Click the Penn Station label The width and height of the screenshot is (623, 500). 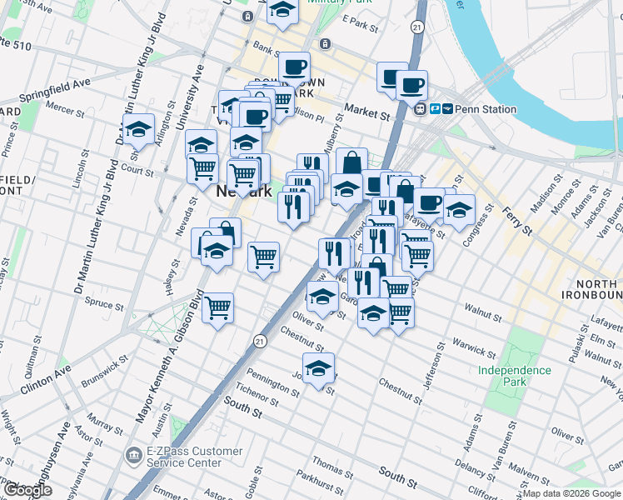(486, 109)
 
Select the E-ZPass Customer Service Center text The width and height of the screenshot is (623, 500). (185, 457)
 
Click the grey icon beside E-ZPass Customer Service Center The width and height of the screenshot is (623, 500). (133, 456)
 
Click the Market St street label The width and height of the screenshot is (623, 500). (367, 110)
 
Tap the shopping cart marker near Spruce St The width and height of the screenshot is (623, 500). (218, 307)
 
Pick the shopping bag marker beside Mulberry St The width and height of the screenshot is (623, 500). (351, 162)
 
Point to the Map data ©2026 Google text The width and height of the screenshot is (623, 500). (572, 493)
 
